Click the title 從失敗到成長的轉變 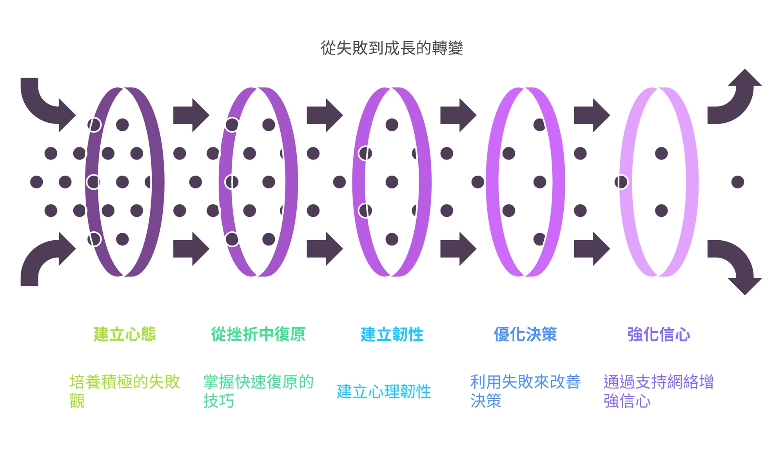click(392, 48)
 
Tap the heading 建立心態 click(125, 334)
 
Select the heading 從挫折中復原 click(258, 334)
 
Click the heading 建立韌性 click(392, 334)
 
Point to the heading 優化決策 click(525, 334)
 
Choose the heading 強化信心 click(659, 334)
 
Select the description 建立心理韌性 click(384, 392)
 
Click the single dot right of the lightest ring click(737, 182)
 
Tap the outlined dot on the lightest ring click(621, 182)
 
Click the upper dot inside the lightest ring click(661, 153)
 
